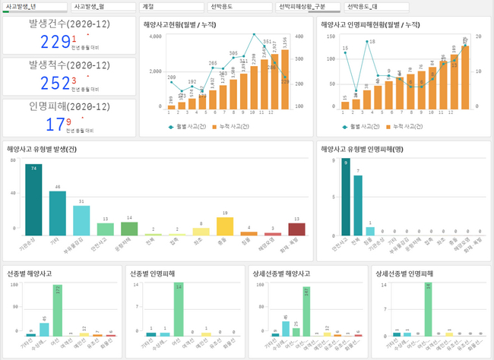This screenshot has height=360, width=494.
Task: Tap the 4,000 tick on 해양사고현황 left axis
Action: click(x=155, y=36)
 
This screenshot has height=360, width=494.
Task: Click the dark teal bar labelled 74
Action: click(x=31, y=199)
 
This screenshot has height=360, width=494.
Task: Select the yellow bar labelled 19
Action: click(x=224, y=226)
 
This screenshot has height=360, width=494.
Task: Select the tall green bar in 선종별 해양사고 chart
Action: click(x=58, y=310)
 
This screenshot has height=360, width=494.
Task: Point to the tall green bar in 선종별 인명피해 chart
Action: click(x=178, y=310)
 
